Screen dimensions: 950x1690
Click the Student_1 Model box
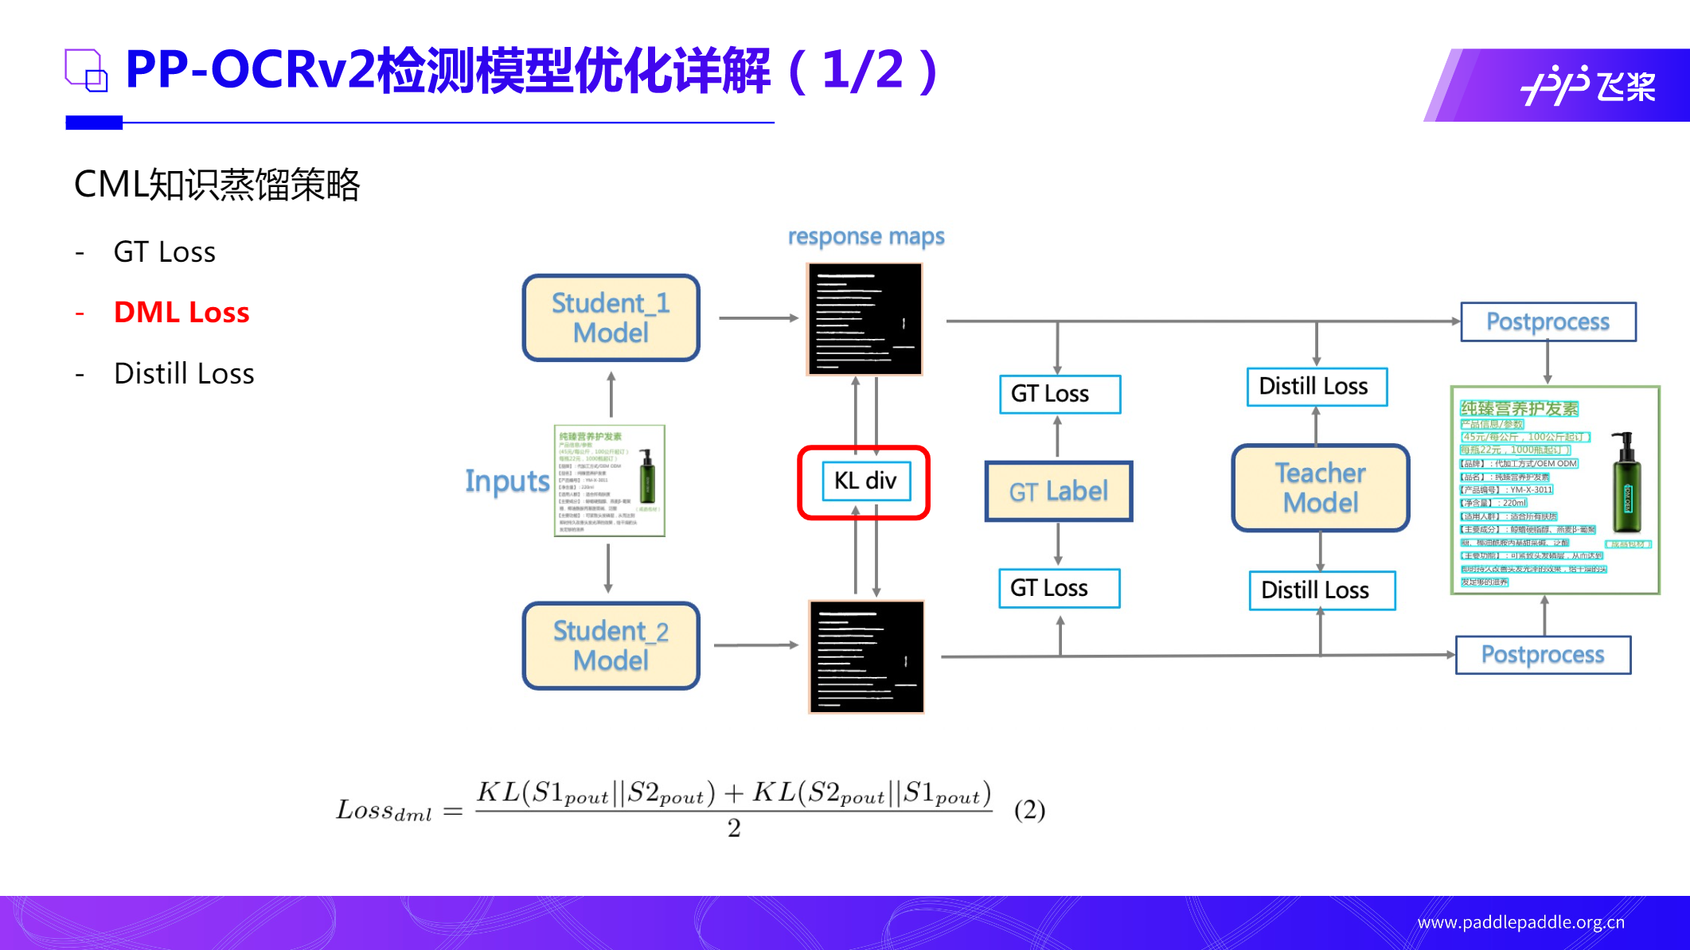tap(611, 317)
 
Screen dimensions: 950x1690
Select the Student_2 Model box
tap(611, 645)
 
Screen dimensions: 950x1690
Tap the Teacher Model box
tap(1320, 488)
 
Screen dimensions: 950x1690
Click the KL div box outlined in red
tap(865, 481)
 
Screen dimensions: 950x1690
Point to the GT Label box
tap(1058, 491)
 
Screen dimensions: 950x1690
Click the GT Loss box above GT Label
tap(1059, 394)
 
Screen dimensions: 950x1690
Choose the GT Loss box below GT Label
tap(1059, 588)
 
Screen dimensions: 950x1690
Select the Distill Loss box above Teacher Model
tap(1316, 387)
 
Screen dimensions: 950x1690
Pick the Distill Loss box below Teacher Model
tap(1321, 590)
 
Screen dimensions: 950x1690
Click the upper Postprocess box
tap(1548, 321)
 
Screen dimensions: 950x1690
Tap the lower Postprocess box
tap(1542, 654)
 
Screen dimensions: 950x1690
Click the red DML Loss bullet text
tap(181, 312)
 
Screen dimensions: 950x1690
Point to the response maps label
tap(866, 236)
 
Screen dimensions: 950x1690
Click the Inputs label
tap(507, 481)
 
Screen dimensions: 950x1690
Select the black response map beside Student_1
tap(865, 318)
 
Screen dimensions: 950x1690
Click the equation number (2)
tap(1029, 810)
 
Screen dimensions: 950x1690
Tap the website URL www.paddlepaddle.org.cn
tap(1520, 922)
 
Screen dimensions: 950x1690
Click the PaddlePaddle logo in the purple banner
tap(1587, 85)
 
